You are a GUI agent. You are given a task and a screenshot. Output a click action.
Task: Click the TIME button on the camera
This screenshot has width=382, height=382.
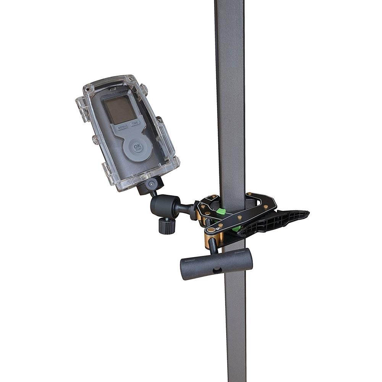pos(135,123)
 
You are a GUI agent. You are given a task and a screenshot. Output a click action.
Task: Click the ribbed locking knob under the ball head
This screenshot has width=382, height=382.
pos(167,226)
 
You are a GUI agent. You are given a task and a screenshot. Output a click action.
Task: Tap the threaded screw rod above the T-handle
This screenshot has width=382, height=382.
pos(212,245)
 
